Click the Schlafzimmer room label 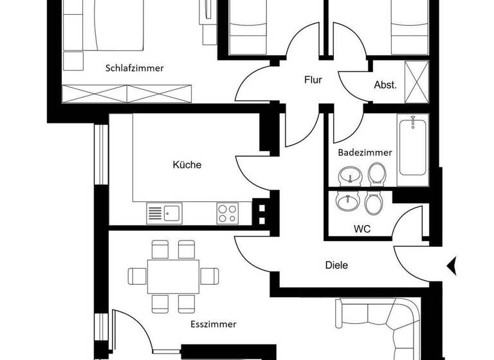[134, 67]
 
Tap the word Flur [313, 80]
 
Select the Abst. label [385, 85]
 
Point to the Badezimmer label [365, 152]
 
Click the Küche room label [187, 165]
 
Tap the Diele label [336, 264]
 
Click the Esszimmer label [213, 325]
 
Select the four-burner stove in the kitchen [227, 213]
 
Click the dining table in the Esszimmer [173, 276]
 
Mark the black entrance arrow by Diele [452, 264]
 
